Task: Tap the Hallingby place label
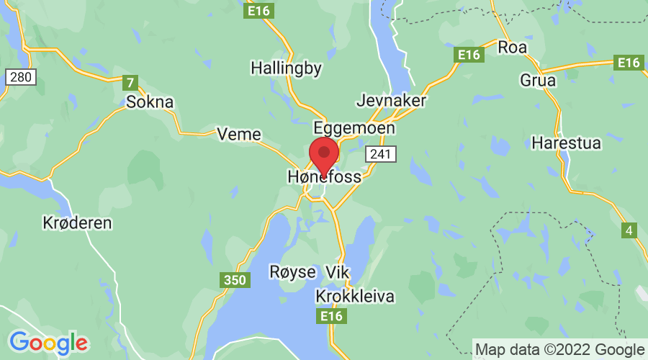click(x=286, y=68)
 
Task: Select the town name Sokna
click(x=150, y=102)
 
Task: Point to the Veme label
click(x=238, y=134)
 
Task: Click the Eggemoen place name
click(x=354, y=127)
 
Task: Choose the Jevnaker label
click(x=392, y=100)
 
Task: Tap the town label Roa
click(x=513, y=48)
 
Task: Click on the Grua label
click(x=538, y=80)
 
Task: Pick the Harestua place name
click(x=566, y=143)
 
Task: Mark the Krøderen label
click(x=77, y=222)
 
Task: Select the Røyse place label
click(x=292, y=272)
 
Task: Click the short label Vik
click(x=337, y=272)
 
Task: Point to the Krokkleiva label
click(x=355, y=296)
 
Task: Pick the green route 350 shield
click(x=234, y=280)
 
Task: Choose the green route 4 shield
click(x=630, y=230)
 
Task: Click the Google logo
click(x=48, y=341)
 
